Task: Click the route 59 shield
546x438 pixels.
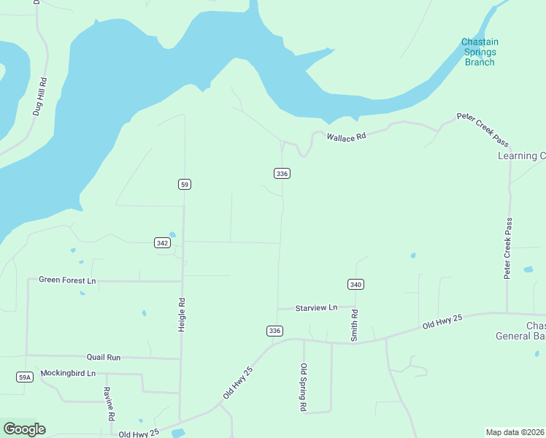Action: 185,184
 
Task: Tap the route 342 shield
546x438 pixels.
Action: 163,242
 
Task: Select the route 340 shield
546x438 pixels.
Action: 355,284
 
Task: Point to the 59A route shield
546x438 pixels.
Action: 25,377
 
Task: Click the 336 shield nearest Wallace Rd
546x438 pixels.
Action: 282,173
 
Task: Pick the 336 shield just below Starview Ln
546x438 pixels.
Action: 274,331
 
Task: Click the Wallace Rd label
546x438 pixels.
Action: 345,137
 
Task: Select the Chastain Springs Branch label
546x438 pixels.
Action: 480,52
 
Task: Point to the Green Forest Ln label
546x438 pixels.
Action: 67,280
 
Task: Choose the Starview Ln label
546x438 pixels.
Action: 316,308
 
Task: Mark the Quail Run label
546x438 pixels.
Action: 104,357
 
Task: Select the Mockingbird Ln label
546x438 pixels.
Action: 68,373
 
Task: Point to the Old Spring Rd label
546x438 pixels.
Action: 304,388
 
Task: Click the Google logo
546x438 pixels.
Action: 24,429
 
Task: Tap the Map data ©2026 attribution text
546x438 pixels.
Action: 515,431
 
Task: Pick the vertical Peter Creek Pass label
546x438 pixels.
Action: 507,248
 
